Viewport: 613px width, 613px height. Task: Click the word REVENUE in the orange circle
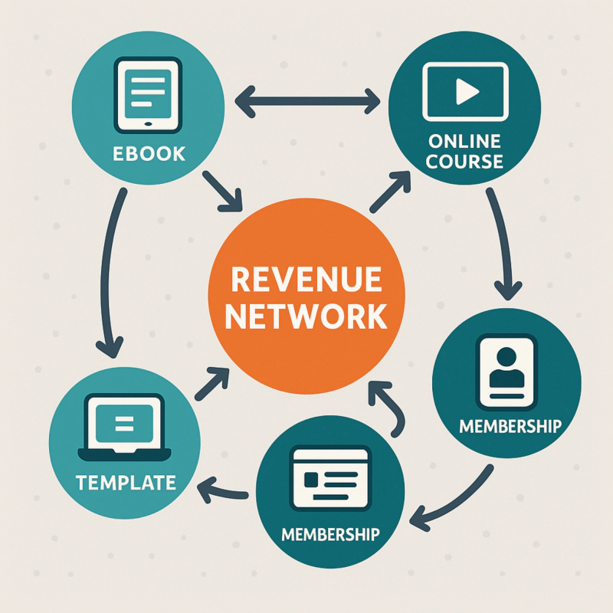coord(306,280)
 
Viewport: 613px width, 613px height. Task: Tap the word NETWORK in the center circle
coord(306,316)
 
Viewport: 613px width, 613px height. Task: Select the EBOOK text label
coord(149,153)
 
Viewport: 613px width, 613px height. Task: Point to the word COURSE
coord(465,162)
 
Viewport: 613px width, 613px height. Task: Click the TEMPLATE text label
coord(126,483)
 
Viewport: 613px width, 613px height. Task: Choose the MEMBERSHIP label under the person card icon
coord(510,425)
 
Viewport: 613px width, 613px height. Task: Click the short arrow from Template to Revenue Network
coord(212,383)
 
